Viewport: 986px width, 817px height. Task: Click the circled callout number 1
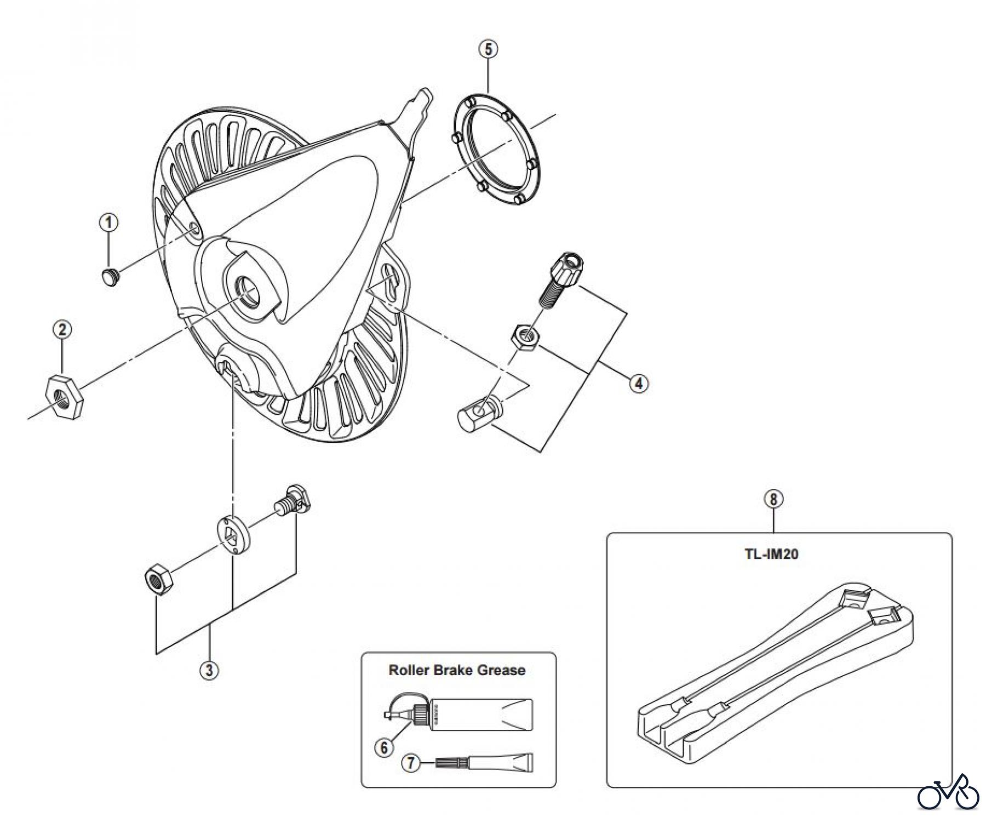[x=109, y=223]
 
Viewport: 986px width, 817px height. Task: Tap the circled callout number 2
[x=62, y=330]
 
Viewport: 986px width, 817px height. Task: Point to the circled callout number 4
[x=638, y=383]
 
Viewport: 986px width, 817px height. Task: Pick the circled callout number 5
[x=488, y=49]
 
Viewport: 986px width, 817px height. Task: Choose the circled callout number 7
[x=411, y=763]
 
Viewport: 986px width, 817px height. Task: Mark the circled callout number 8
[x=773, y=500]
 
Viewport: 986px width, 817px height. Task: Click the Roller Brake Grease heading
[x=457, y=670]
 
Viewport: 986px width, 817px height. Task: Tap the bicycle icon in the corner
[x=948, y=792]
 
